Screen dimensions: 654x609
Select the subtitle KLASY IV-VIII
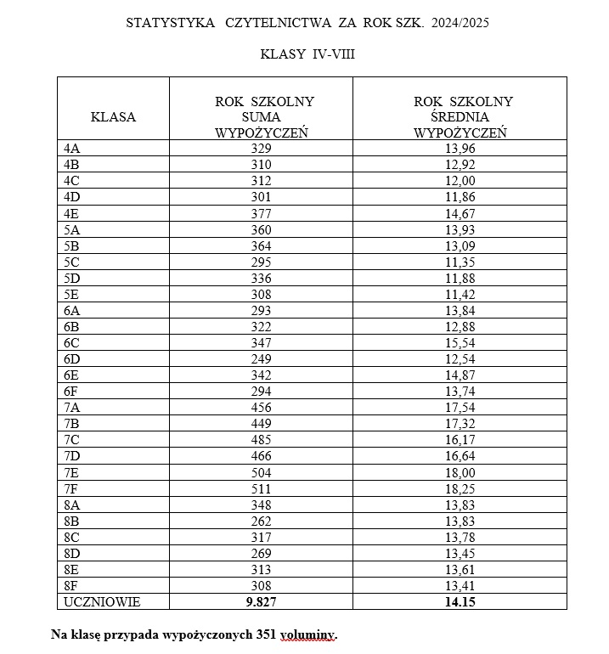[x=307, y=54]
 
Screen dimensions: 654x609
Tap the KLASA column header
[x=113, y=117]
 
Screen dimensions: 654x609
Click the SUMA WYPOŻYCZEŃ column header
[x=261, y=117]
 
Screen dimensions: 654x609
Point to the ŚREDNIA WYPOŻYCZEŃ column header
[x=462, y=117]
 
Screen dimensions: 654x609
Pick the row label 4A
[x=72, y=148]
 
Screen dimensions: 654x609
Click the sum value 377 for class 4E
[x=261, y=213]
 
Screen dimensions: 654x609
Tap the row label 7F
[x=72, y=488]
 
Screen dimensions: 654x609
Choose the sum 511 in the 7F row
[x=261, y=488]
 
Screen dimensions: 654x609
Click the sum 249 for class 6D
[x=261, y=358]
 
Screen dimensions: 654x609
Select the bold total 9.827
[x=261, y=601]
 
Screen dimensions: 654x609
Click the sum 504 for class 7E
[x=261, y=472]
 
